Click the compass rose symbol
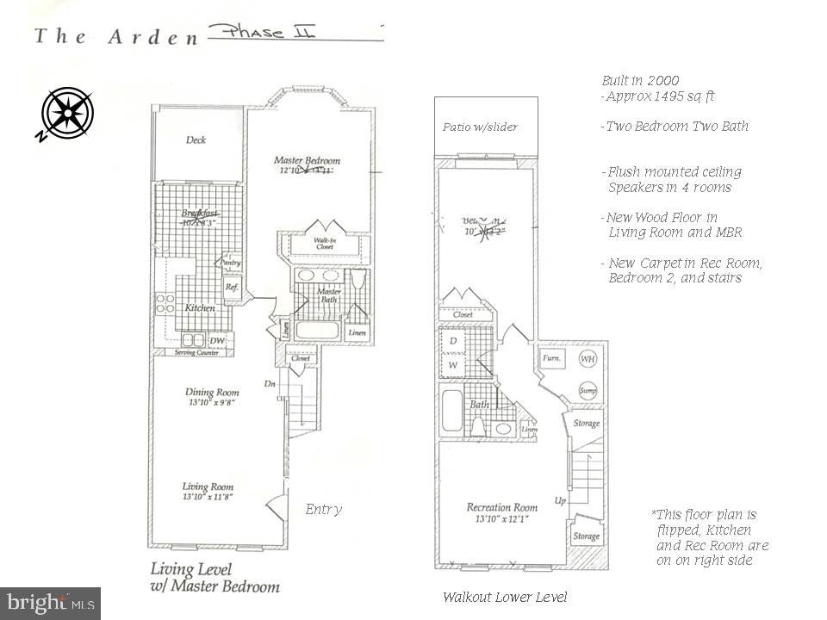[67, 113]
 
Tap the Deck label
[196, 140]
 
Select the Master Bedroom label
[307, 160]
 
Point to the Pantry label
[231, 263]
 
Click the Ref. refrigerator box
[231, 288]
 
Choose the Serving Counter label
[194, 351]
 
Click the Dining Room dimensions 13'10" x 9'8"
[211, 402]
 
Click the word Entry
[324, 510]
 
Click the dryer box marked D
[453, 342]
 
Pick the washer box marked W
[453, 365]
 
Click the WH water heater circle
[588, 358]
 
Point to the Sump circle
[588, 390]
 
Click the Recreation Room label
[502, 507]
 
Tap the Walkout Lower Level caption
[505, 597]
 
